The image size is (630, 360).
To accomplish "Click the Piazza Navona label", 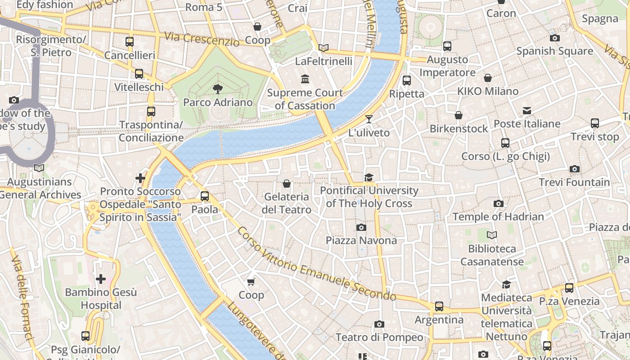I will click(x=361, y=240).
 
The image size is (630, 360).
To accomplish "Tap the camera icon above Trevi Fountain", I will click(x=574, y=169).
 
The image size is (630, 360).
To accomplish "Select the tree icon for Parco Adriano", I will click(x=218, y=89).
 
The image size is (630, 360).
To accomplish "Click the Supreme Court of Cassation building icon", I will click(x=305, y=79).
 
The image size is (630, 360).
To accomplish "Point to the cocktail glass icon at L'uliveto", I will click(x=369, y=119).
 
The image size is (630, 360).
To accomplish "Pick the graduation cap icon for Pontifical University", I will click(x=369, y=177).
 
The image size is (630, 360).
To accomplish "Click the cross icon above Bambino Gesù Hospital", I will click(x=101, y=279).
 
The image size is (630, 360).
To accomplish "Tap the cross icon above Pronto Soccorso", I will click(x=140, y=178).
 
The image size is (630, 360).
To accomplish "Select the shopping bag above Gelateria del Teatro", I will click(x=286, y=184).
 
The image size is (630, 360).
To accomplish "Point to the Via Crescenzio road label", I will click(x=202, y=39).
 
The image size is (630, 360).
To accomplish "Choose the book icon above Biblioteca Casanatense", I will click(x=492, y=235).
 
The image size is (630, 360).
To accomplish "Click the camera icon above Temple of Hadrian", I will click(x=498, y=203).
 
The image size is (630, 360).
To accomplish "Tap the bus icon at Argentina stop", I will click(x=439, y=306).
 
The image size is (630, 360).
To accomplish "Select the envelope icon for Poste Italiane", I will click(x=526, y=111).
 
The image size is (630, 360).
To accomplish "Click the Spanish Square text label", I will click(x=554, y=51).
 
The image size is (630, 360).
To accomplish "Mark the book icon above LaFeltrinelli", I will click(x=323, y=48).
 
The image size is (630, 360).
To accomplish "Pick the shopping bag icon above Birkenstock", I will click(x=459, y=116).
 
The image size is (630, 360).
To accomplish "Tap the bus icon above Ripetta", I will click(x=407, y=81).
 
